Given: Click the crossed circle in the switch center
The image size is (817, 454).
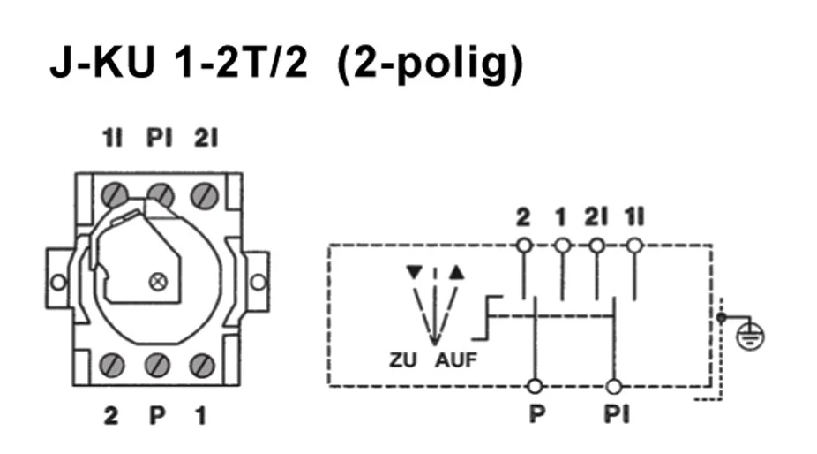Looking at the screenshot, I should pyautogui.click(x=160, y=282).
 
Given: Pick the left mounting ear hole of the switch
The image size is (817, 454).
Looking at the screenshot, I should pyautogui.click(x=58, y=283).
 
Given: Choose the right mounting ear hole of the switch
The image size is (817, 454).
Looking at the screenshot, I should pyautogui.click(x=258, y=283).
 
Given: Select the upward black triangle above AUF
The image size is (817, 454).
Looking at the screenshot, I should pyautogui.click(x=455, y=272).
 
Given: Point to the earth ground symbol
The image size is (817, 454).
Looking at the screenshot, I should pyautogui.click(x=752, y=334).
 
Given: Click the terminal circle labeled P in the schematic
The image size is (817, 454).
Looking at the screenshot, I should pyautogui.click(x=534, y=386).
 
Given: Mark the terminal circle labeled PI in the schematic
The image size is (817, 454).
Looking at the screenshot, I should pyautogui.click(x=614, y=386).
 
